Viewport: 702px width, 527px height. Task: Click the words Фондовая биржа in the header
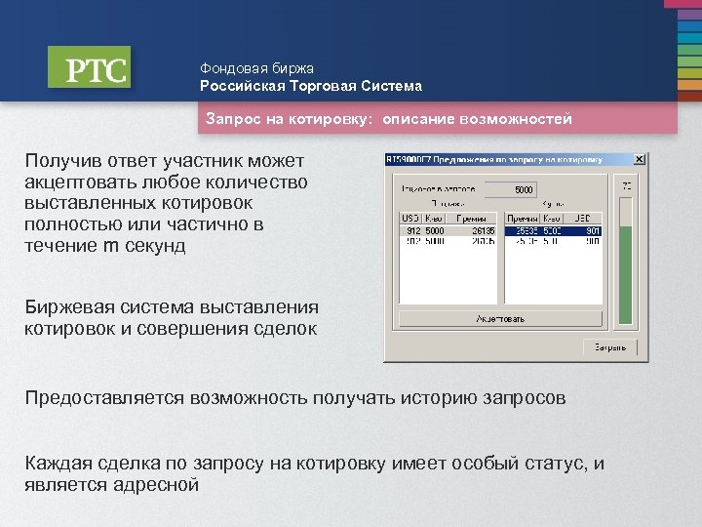(256, 68)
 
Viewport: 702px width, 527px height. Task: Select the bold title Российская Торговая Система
(311, 86)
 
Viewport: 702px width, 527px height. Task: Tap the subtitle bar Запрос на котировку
(389, 119)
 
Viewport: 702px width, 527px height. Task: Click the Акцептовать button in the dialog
(501, 318)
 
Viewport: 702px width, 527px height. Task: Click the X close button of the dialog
(639, 159)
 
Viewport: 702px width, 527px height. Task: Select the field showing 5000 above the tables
(524, 189)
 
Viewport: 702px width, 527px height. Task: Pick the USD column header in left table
(409, 219)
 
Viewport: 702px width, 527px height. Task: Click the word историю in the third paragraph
(434, 398)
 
